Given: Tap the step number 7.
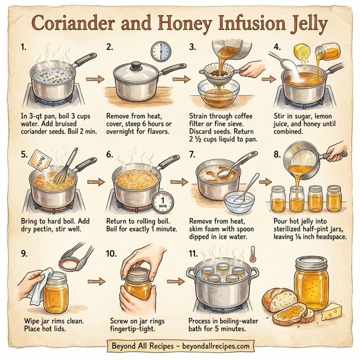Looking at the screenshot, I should [193, 155].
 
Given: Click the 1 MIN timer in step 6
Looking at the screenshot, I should [163, 203].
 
